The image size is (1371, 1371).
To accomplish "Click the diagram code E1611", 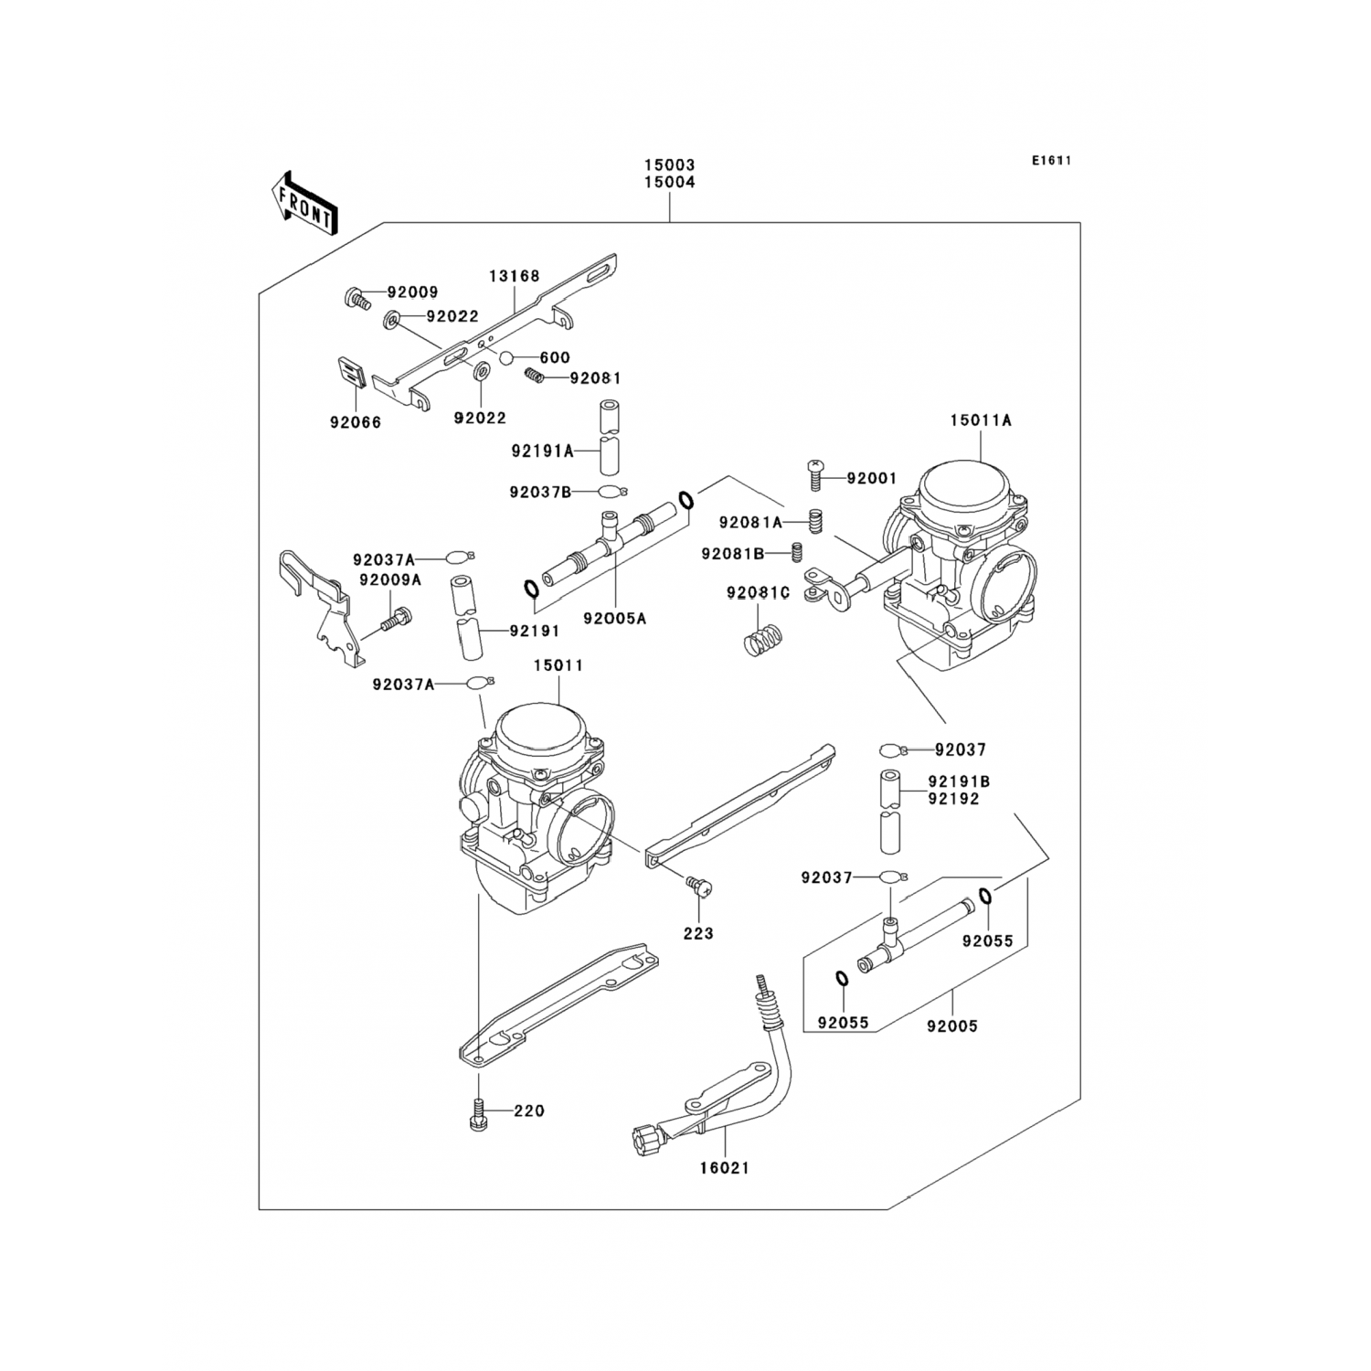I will [1051, 161].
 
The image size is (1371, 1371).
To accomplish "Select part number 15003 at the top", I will [669, 165].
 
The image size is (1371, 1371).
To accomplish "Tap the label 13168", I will [514, 276].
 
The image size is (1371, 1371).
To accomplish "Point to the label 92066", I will [356, 423].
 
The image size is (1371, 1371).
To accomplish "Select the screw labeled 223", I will [699, 884].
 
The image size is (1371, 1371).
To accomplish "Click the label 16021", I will [724, 1167].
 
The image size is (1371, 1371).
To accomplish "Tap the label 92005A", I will [614, 619].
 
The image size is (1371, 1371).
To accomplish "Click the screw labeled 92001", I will [815, 476].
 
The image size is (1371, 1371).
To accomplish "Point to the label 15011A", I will [980, 420].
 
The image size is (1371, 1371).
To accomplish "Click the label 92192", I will [953, 799].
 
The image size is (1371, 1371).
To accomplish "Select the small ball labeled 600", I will [506, 357].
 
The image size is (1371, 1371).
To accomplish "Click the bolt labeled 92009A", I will [397, 622].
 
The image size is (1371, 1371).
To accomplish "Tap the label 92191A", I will [542, 451].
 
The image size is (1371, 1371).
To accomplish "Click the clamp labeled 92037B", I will [611, 493].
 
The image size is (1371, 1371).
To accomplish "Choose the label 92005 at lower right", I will [951, 1026].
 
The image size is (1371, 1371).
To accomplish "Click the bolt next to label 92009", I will [356, 296].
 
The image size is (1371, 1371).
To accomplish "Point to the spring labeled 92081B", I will [796, 552].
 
